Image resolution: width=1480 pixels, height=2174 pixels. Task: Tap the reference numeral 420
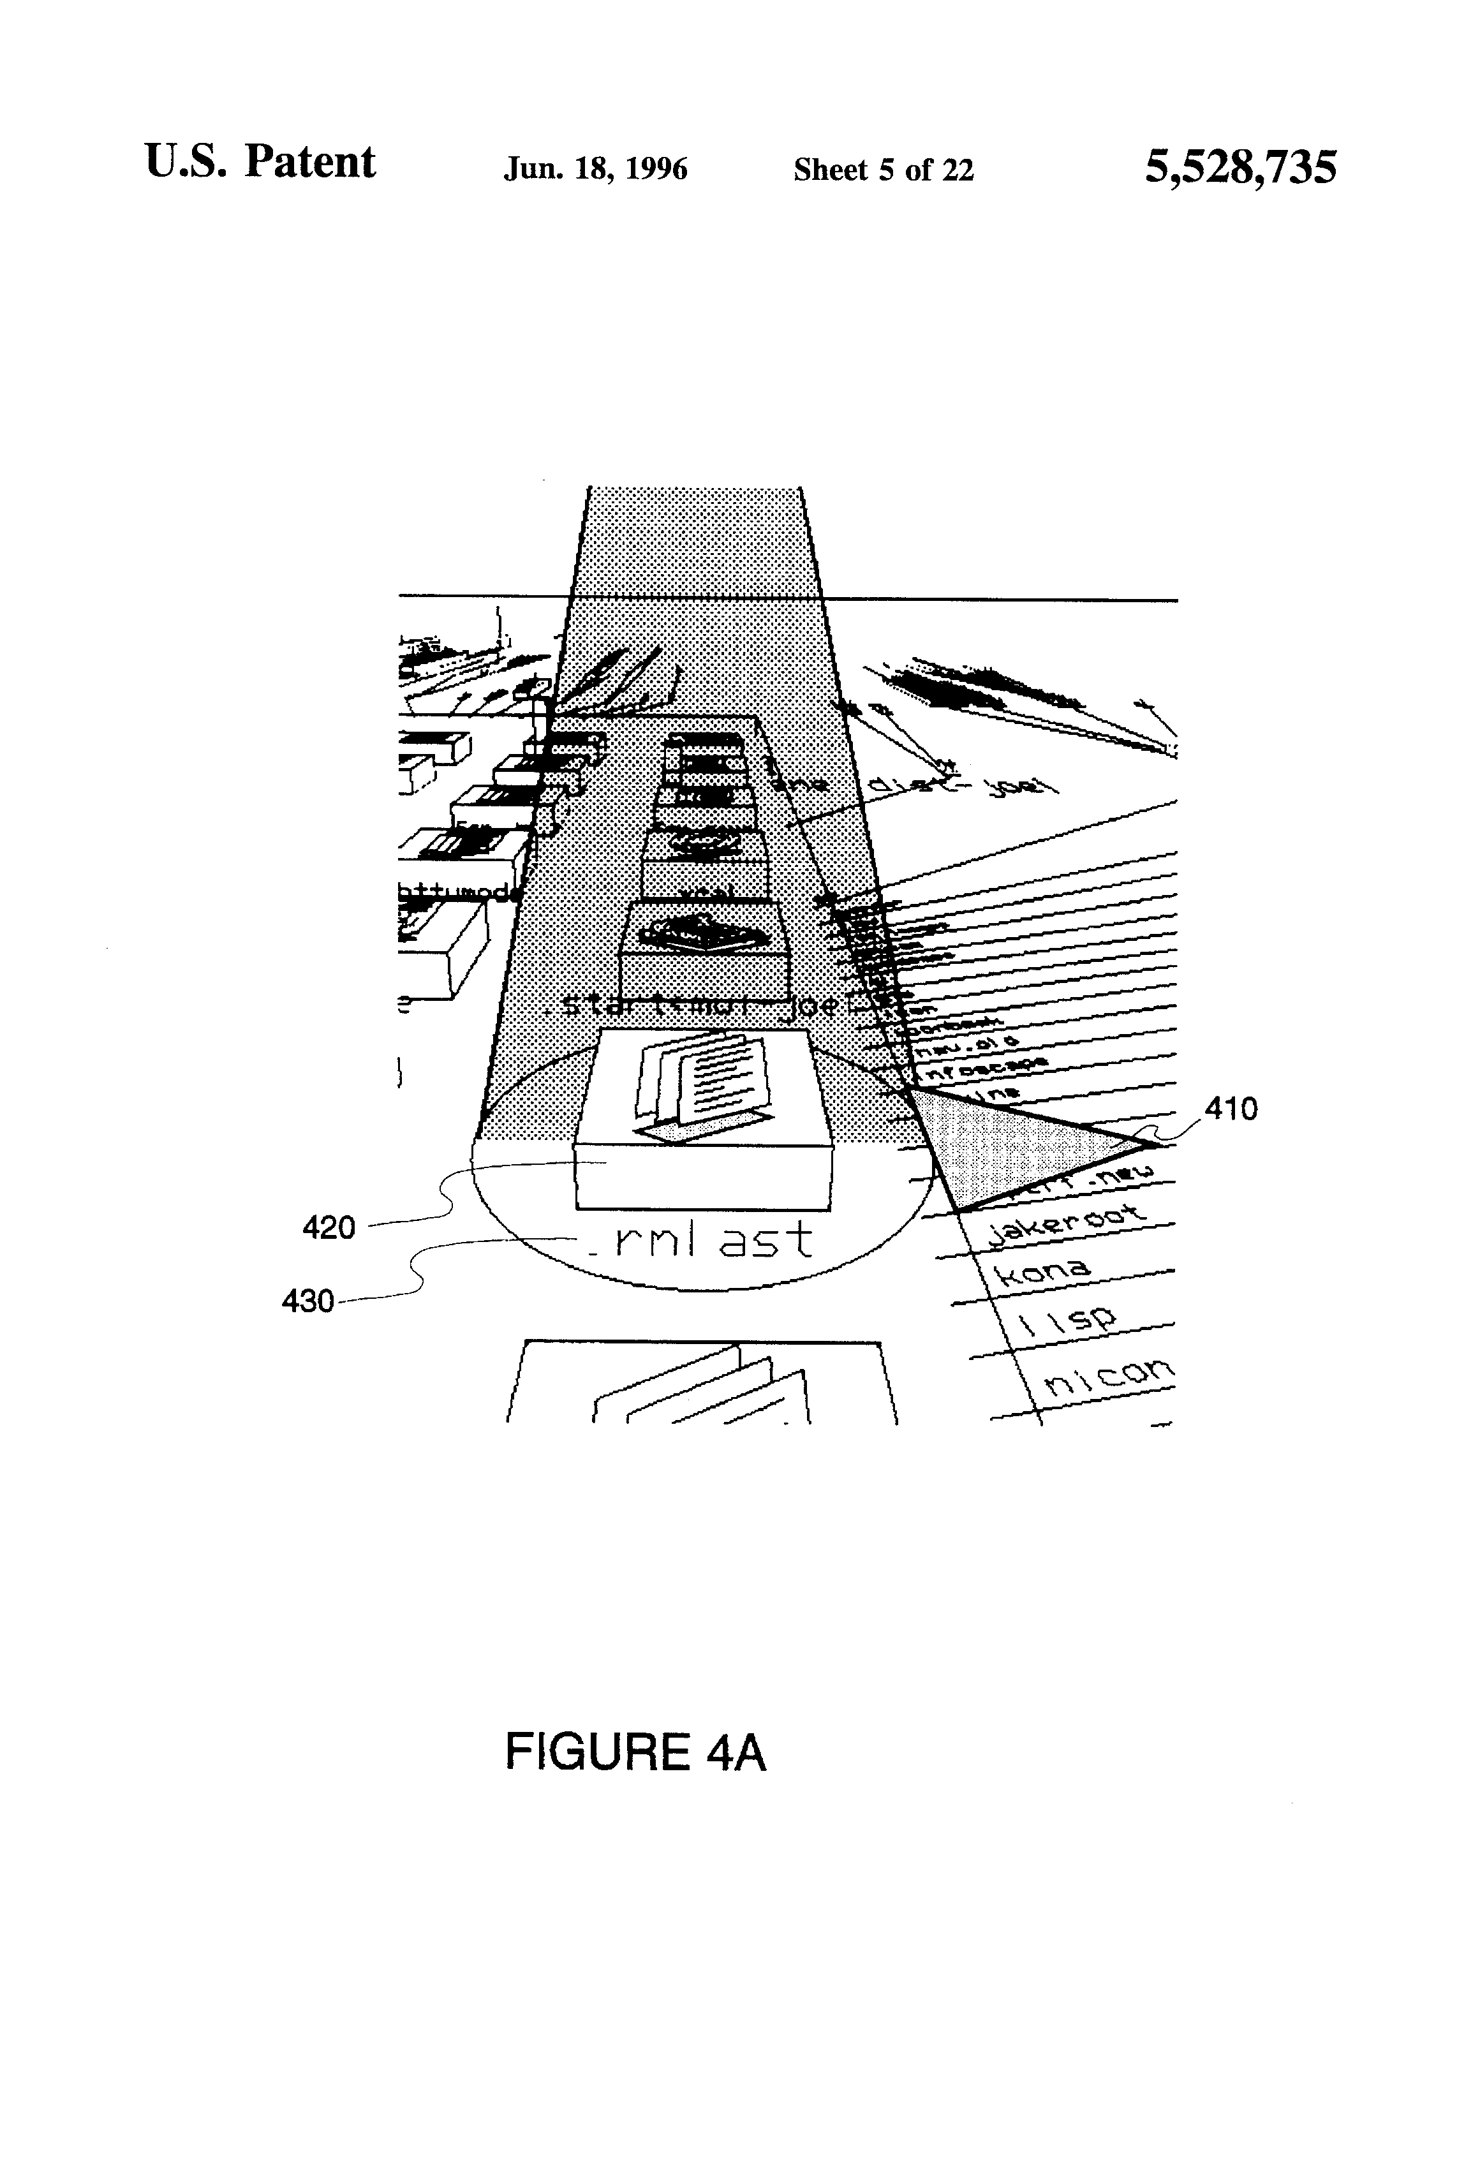[329, 1226]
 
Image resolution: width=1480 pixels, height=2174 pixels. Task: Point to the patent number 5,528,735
[1241, 167]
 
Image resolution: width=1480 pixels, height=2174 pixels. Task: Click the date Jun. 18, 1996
[595, 169]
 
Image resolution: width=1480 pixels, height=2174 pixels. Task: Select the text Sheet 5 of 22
[883, 169]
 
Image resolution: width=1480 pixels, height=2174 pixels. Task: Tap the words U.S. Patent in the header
[260, 162]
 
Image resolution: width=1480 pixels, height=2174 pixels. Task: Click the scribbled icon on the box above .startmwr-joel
[706, 931]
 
